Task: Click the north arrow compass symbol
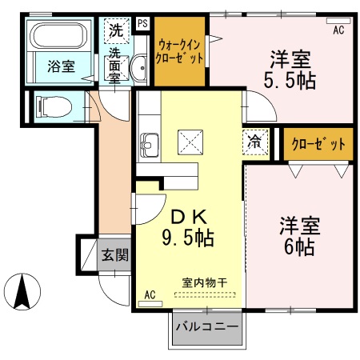coord(23,292)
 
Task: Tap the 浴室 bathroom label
coord(60,66)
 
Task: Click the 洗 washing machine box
coord(116,32)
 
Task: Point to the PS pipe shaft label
coord(142,24)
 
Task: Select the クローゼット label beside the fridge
coord(318,145)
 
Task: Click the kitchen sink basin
coord(150,146)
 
